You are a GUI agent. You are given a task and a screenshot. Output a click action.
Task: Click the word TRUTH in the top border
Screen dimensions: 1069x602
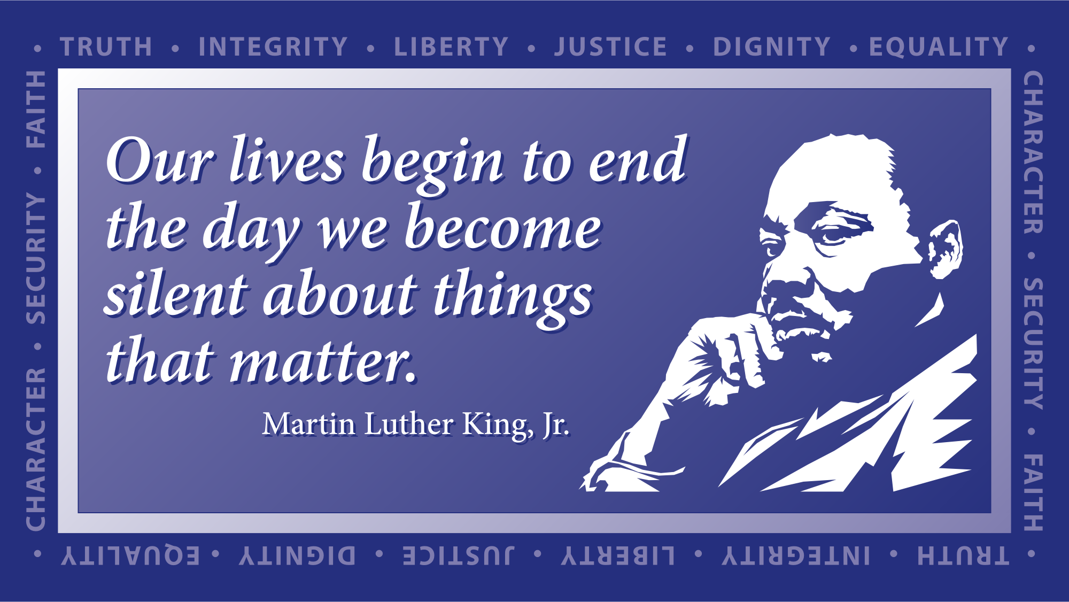[x=106, y=47]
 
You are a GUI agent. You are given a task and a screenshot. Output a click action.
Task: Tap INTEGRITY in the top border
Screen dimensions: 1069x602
[x=273, y=47]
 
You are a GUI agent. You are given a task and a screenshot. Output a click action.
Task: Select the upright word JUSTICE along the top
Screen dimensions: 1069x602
[x=610, y=47]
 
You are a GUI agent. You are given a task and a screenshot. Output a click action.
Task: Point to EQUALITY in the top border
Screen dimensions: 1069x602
[x=939, y=47]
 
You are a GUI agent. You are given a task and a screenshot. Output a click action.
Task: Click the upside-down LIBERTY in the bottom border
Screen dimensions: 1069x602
[x=618, y=556]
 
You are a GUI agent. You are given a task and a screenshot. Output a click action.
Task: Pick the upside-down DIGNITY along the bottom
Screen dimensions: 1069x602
[x=297, y=556]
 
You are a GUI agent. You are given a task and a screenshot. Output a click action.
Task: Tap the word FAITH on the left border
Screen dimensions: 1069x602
[x=36, y=109]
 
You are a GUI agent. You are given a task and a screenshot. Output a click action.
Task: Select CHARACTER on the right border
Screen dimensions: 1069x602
[x=1033, y=152]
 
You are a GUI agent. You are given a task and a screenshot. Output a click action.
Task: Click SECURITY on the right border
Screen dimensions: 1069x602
[x=1033, y=344]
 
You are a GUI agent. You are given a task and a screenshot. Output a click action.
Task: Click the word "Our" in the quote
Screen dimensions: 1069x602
[x=160, y=160]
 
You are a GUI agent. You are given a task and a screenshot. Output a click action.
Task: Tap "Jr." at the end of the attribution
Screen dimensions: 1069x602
[x=556, y=426]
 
